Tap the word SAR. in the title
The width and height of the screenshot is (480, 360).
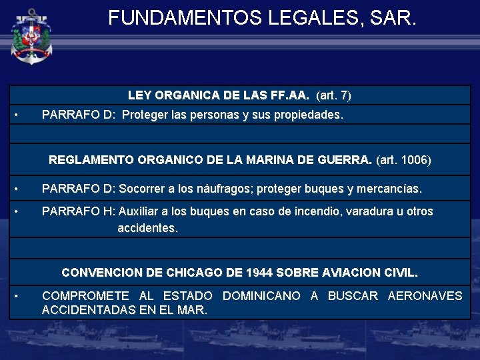395,18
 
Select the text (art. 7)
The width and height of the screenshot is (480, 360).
333,95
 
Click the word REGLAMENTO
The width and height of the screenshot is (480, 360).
92,160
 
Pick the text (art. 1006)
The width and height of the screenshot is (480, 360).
404,160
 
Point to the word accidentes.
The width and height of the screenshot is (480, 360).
147,228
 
